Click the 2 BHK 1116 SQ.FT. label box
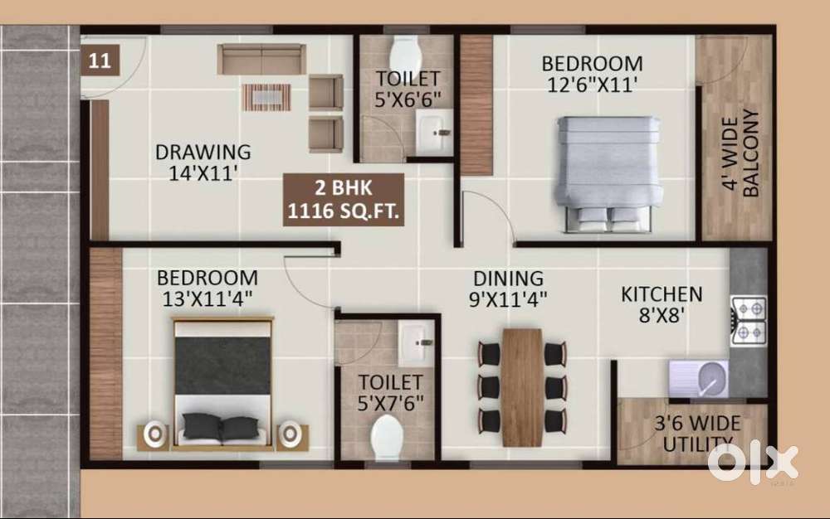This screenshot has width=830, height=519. (x=344, y=200)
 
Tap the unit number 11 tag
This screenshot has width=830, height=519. (x=100, y=61)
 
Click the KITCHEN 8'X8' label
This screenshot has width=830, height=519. (x=662, y=304)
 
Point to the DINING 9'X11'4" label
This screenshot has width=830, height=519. (x=509, y=288)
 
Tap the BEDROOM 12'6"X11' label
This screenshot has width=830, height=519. (x=591, y=73)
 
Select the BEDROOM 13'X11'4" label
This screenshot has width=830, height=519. (x=207, y=288)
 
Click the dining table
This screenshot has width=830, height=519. (x=522, y=386)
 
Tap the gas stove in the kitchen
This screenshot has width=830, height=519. (x=747, y=320)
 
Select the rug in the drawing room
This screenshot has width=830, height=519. (x=266, y=97)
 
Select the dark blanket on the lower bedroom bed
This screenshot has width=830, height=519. (x=222, y=365)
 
